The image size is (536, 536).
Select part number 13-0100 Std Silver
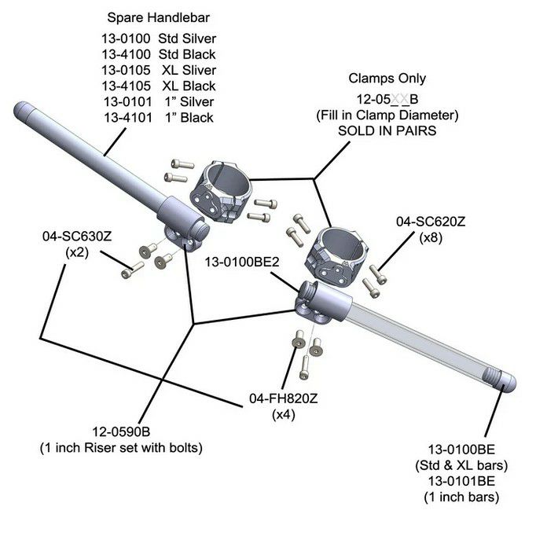click(160, 38)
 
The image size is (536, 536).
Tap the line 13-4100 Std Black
click(160, 54)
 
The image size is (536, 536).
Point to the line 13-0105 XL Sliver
click(160, 70)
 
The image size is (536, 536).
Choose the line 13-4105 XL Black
click(160, 86)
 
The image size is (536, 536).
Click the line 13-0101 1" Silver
click(160, 101)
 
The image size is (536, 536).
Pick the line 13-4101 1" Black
click(160, 118)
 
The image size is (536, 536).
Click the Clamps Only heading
click(387, 79)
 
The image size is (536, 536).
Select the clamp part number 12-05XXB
click(387, 100)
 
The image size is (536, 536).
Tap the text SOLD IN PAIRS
click(387, 131)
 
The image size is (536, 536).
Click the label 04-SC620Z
click(431, 222)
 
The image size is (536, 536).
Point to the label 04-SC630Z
click(77, 236)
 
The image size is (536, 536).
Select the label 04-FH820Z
click(283, 398)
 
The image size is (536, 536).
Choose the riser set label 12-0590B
click(121, 431)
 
